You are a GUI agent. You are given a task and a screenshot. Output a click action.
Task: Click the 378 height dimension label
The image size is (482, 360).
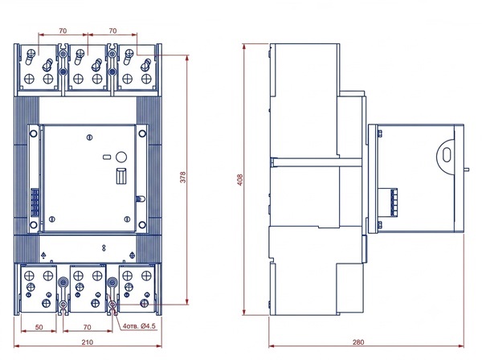tap(183, 178)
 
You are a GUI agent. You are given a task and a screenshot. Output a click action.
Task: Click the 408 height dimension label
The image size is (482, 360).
tap(240, 180)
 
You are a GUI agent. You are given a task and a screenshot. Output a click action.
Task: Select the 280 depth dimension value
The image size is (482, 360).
tap(358, 342)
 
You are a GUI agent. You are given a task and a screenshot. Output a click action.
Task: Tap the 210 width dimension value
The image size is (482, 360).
tap(88, 342)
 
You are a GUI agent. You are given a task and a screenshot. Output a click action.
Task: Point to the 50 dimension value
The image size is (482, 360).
tap(39, 327)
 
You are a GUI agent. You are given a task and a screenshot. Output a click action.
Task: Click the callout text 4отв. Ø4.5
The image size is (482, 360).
tap(139, 326)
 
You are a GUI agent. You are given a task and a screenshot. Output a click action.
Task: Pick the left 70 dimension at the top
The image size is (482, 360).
tap(63, 31)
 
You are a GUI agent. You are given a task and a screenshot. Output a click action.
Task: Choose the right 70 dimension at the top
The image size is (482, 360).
tap(112, 31)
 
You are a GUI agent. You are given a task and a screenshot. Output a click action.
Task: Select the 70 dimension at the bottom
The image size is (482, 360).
tap(88, 327)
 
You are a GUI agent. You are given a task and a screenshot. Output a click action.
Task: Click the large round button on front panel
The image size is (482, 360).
tap(121, 157)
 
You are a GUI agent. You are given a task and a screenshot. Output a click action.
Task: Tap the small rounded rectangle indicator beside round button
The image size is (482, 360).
tap(107, 157)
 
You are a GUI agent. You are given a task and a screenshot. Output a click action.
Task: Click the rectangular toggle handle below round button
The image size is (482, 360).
tap(121, 176)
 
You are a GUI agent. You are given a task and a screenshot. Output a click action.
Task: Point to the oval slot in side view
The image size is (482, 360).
tap(447, 154)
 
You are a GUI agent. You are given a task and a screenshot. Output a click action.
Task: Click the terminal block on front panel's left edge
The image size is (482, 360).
tap(35, 202)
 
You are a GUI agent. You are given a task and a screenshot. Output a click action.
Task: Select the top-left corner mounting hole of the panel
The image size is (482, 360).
tap(34, 133)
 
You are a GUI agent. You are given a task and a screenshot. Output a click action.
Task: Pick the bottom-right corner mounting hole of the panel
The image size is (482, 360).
tap(142, 225)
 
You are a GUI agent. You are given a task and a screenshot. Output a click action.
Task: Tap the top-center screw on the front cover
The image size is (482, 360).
tap(89, 137)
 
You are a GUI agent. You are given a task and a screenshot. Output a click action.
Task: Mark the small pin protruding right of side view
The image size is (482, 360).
tap(466, 169)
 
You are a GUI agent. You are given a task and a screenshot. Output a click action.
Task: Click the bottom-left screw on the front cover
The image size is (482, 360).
tap(52, 219)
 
